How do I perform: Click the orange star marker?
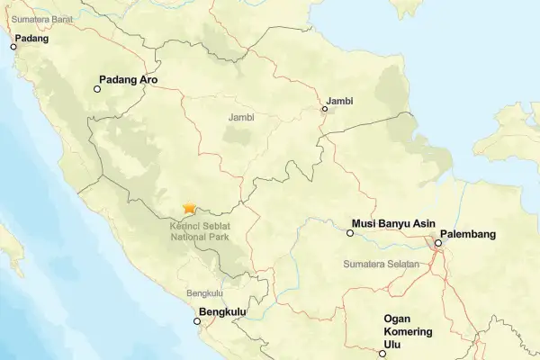[189, 207]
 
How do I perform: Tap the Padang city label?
[31, 39]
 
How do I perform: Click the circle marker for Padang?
[13, 47]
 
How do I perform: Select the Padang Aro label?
[135, 78]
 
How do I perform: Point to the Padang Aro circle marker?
[97, 88]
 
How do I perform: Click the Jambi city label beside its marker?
[340, 100]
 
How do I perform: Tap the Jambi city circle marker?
[325, 110]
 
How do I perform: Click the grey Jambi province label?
[242, 117]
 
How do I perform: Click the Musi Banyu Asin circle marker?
[350, 233]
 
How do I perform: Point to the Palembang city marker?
[437, 242]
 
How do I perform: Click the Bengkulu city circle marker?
[198, 320]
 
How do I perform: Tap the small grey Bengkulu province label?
[204, 293]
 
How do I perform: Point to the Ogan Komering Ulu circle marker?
[382, 354]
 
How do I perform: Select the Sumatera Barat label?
[40, 18]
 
